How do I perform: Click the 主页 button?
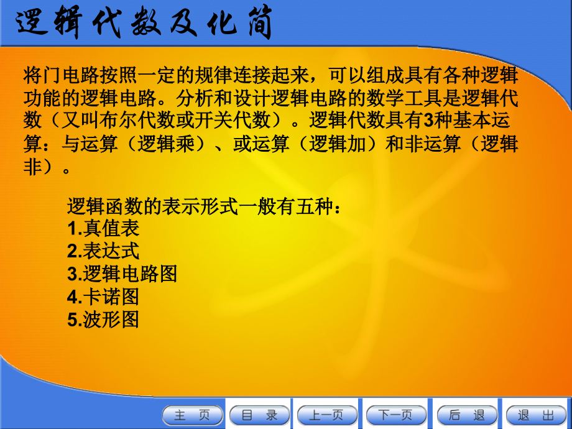[x=193, y=415]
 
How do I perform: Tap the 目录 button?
[x=260, y=415]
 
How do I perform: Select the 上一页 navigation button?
[x=328, y=415]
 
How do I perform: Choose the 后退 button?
[x=467, y=415]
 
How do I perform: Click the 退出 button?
[x=536, y=415]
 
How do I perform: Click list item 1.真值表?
[x=103, y=228]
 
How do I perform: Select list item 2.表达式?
[x=103, y=251]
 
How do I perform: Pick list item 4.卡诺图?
[x=103, y=296]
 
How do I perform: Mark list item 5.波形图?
[x=103, y=319]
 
